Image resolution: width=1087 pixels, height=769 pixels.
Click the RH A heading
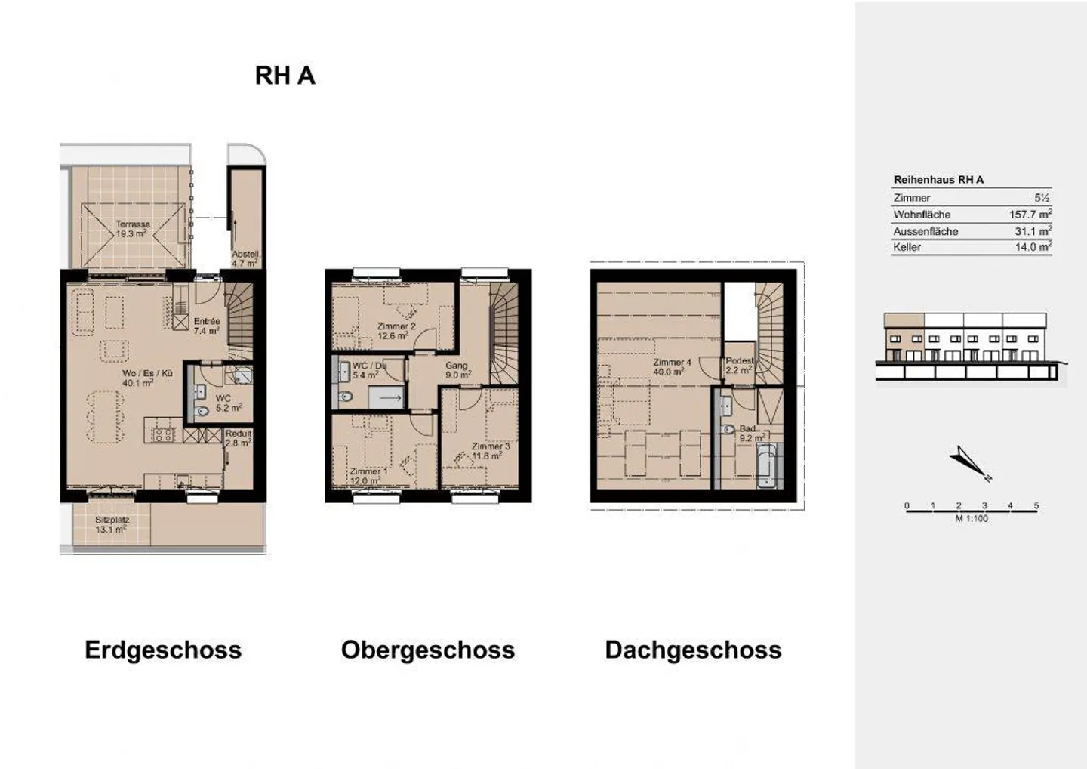[x=285, y=76]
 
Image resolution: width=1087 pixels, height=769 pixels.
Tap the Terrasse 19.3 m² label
[x=132, y=229]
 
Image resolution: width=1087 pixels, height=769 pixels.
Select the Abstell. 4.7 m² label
[x=245, y=259]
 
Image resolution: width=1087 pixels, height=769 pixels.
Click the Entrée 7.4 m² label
[x=206, y=326]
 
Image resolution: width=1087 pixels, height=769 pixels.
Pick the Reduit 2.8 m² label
[x=238, y=438]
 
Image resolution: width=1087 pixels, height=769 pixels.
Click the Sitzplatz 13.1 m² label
[x=112, y=524]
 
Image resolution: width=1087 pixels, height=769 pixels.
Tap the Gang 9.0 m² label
[x=457, y=370]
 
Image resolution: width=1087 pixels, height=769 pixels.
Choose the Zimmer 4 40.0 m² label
[x=672, y=367]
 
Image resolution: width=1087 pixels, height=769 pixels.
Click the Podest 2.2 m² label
[x=739, y=366]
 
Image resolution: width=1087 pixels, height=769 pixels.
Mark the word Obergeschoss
[x=427, y=650]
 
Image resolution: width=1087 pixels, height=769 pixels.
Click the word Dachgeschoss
[x=693, y=650]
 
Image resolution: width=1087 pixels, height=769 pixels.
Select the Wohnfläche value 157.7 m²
[x=1030, y=215]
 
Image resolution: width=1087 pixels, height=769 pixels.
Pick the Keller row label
[x=907, y=247]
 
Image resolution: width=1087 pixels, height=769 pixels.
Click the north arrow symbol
[x=968, y=462]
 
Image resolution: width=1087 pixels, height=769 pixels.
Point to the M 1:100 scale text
[x=971, y=518]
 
